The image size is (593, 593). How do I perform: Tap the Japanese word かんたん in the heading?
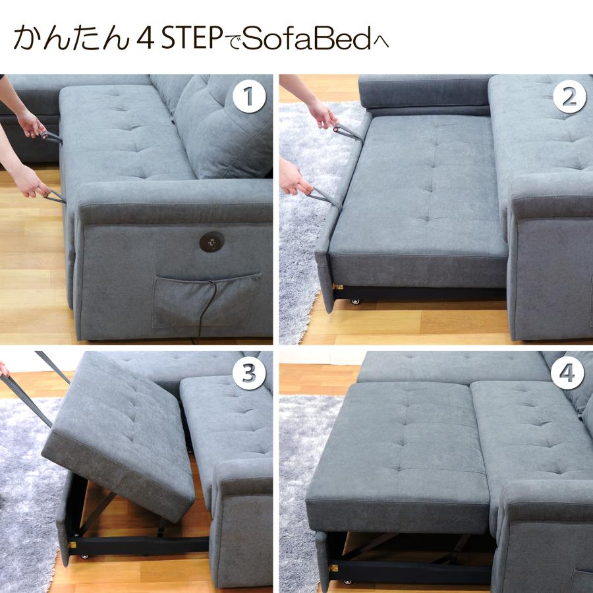[x=69, y=39]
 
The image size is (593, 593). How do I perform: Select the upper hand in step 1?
[x=30, y=124]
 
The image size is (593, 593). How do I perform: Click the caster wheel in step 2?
[x=356, y=301]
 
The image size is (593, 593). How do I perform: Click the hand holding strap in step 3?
[x=5, y=369]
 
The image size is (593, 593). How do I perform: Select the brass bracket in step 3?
[x=72, y=546]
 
